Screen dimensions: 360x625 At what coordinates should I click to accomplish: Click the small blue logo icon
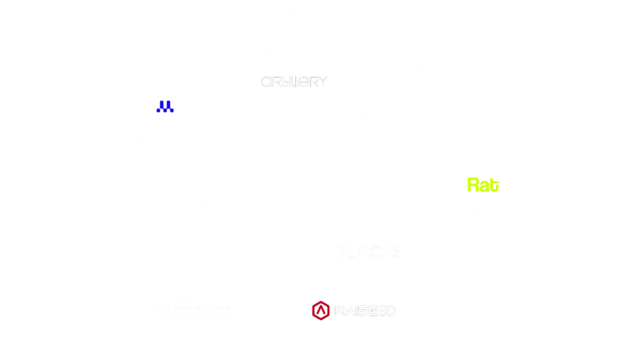point(165,106)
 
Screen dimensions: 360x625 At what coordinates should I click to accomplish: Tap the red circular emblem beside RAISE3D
point(319,311)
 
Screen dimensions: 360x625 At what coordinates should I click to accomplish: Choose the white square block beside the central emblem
point(226,218)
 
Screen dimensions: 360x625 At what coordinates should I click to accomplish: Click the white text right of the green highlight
point(515,186)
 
